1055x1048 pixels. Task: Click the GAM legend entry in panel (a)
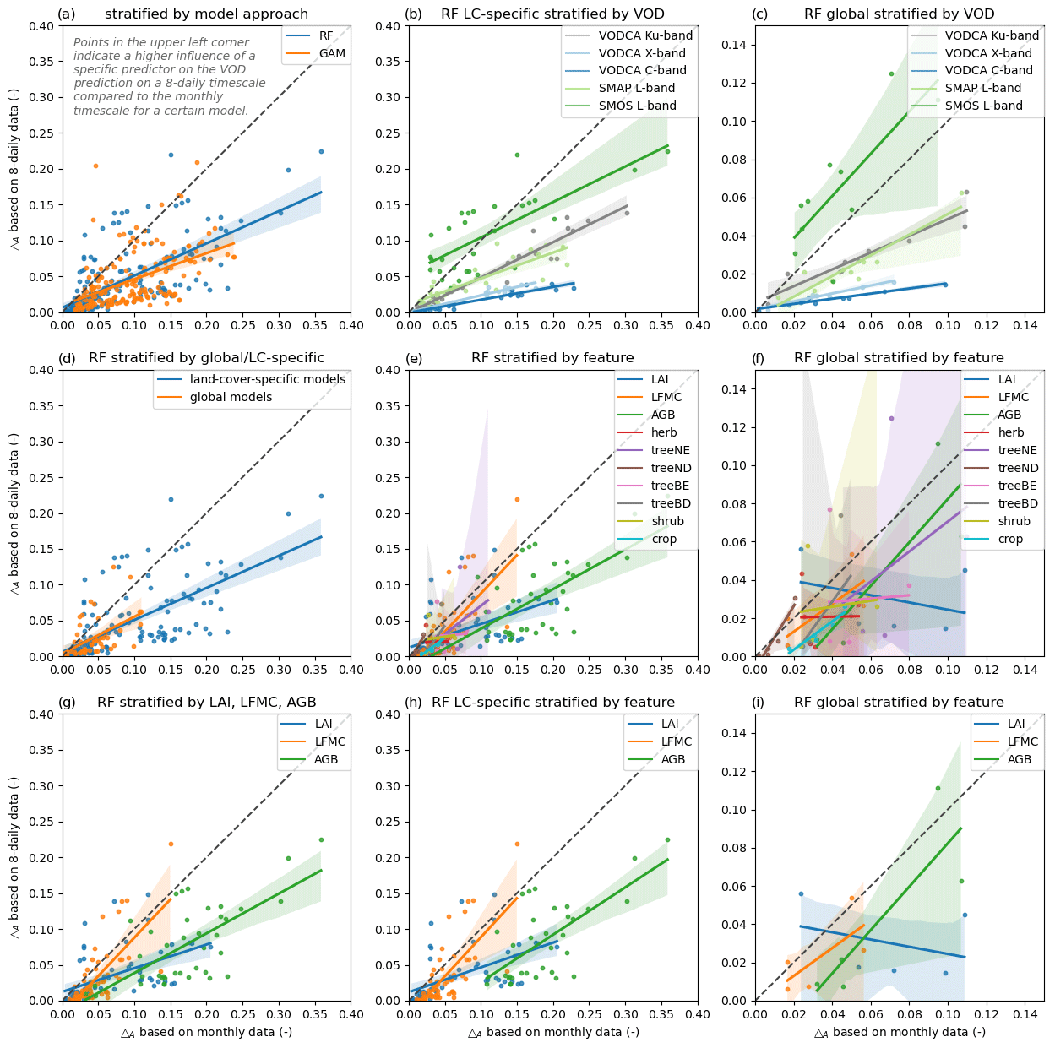point(332,53)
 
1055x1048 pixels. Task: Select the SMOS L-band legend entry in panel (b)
point(637,106)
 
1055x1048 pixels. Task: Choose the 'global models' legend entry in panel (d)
point(231,397)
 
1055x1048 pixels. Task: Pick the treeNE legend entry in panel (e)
point(670,450)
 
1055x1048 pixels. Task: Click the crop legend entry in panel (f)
point(1010,539)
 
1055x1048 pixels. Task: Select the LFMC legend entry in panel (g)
point(329,741)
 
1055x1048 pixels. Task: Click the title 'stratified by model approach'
point(206,14)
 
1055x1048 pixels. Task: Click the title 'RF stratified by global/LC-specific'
point(206,358)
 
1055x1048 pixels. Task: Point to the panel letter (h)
point(414,702)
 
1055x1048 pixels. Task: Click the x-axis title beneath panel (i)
point(899,1032)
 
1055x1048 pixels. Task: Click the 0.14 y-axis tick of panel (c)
point(737,45)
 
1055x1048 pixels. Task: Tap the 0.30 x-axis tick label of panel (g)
point(279,1013)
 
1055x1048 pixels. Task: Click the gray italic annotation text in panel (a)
point(169,76)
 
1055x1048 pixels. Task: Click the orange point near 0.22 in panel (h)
point(517,843)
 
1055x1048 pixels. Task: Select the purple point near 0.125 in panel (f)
point(891,418)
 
